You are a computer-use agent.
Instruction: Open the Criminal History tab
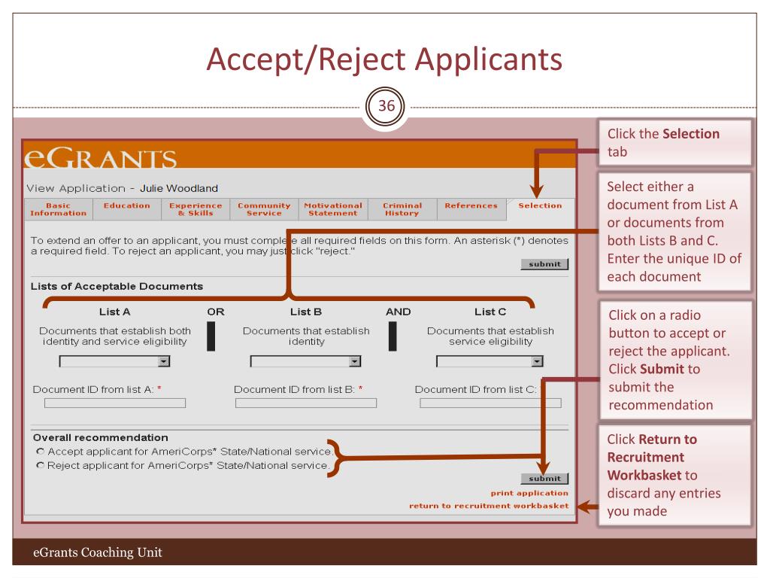pyautogui.click(x=402, y=209)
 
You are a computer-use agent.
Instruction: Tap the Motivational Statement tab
pyautogui.click(x=333, y=209)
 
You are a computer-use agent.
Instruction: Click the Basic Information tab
pyautogui.click(x=59, y=209)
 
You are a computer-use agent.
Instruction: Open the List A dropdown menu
pyautogui.click(x=114, y=362)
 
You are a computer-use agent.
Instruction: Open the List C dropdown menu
pyautogui.click(x=490, y=362)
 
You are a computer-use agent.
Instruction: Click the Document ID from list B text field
pyautogui.click(x=306, y=403)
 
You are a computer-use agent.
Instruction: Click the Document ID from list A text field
pyautogui.click(x=115, y=403)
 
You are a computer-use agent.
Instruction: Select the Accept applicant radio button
pyautogui.click(x=41, y=452)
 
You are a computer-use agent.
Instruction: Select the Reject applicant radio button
pyautogui.click(x=41, y=465)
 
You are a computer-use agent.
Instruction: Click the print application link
pyautogui.click(x=529, y=493)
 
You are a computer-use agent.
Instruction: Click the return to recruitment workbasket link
pyautogui.click(x=489, y=506)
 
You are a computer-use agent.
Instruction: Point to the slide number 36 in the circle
pyautogui.click(x=386, y=105)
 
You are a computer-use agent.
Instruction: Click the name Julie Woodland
pyautogui.click(x=179, y=188)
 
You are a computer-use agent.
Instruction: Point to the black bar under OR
pyautogui.click(x=211, y=336)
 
